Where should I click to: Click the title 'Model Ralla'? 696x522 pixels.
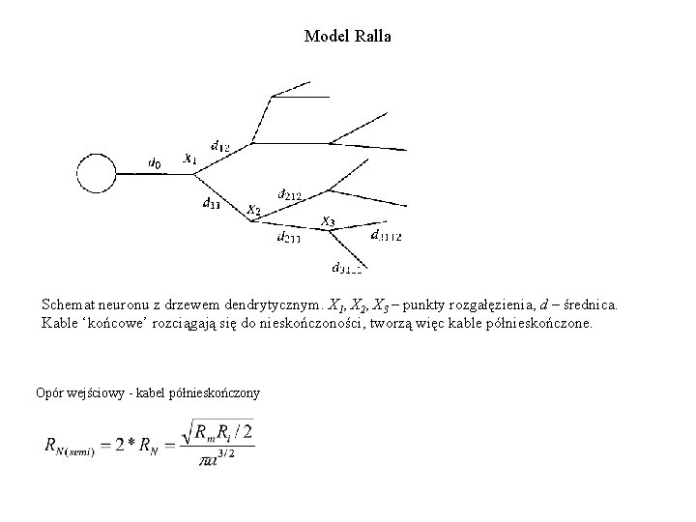(348, 37)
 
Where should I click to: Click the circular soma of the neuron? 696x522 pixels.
(96, 174)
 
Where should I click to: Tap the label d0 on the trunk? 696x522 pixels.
(155, 163)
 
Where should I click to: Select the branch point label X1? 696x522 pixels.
(190, 157)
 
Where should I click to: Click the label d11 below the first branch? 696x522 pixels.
(211, 203)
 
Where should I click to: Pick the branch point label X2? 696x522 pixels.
(252, 209)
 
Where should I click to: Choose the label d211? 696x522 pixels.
(288, 236)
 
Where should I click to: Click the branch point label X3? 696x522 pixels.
(328, 221)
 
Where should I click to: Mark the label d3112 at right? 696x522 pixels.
(387, 235)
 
